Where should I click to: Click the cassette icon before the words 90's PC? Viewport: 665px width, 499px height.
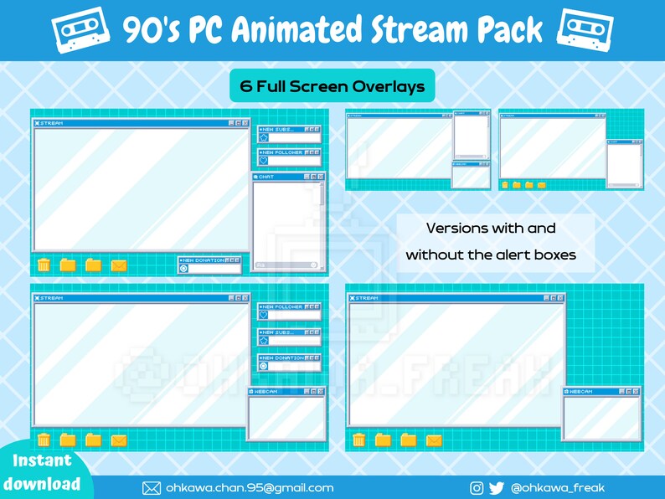point(80,29)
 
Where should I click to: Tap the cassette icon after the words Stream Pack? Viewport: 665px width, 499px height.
point(585,29)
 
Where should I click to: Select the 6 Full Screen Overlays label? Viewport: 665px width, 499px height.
point(332,85)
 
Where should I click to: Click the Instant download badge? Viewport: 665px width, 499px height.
point(42,472)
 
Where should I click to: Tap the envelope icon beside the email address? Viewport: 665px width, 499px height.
point(152,487)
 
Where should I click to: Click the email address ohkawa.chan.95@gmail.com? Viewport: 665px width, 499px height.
point(249,487)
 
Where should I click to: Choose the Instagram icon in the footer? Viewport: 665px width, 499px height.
point(477,487)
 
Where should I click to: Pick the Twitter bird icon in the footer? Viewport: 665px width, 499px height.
point(497,487)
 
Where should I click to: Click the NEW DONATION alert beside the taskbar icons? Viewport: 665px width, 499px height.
point(209,265)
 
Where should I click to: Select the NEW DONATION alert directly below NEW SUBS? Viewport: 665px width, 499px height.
point(289,362)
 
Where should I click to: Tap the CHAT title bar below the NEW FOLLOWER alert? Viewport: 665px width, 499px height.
point(288,177)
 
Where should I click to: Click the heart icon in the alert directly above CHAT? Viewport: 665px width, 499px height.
point(264,160)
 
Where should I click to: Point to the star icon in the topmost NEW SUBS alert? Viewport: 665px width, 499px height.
point(264,136)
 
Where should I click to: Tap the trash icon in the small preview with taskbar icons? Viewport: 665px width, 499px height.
point(505,184)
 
